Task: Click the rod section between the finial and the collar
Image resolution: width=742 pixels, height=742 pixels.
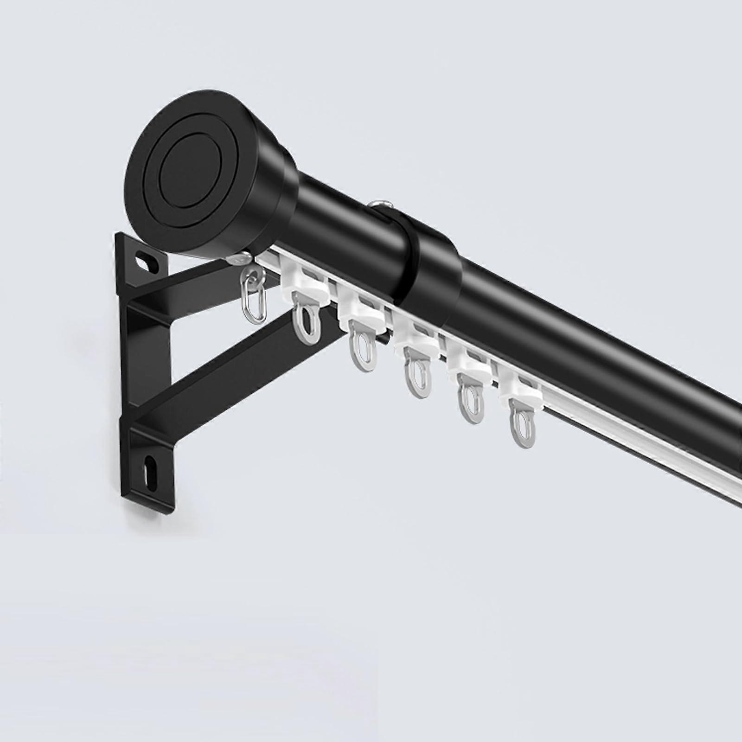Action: (x=343, y=218)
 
